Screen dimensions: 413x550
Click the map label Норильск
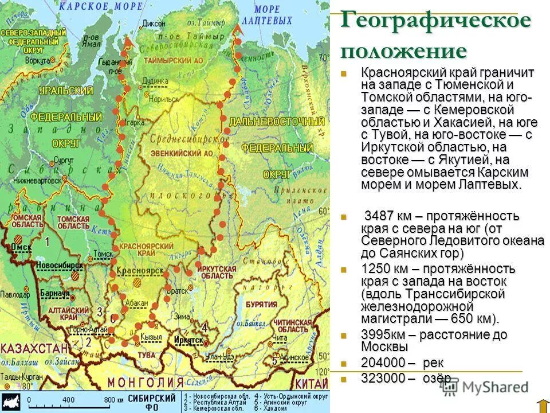(162, 99)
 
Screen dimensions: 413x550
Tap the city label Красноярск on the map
(135, 270)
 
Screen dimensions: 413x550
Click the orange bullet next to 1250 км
(344, 268)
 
